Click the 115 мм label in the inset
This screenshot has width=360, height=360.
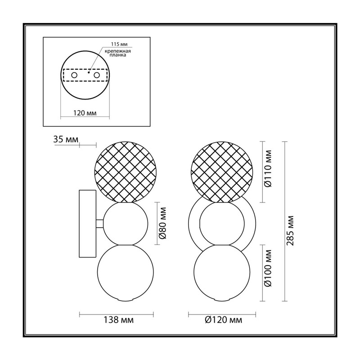pos(119,44)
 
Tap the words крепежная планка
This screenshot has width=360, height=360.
pos(118,53)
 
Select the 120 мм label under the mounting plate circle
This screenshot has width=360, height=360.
pos(85,113)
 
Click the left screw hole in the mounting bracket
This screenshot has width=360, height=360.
pos(74,75)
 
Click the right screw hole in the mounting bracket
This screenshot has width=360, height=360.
pos(97,75)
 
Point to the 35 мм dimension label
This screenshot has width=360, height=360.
pos(66,139)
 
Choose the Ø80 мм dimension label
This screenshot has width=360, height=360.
pos(162,223)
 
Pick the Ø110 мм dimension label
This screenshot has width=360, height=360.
pos(268,169)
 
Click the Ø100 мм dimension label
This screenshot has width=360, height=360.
pos(268,268)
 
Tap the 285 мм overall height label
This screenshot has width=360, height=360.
pos(290,231)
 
